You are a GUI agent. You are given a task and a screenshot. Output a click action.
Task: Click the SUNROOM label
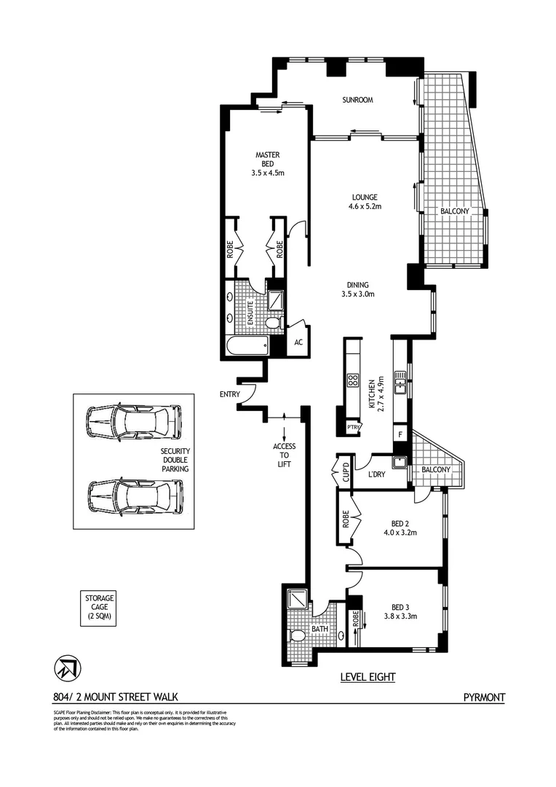coord(357,100)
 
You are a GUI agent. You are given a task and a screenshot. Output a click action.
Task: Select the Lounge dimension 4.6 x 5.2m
coord(365,206)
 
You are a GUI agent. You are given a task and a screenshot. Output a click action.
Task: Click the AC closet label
coord(298,342)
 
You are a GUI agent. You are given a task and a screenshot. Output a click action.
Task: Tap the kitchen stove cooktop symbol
coord(353,380)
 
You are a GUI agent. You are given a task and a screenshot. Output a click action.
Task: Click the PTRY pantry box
coord(354,427)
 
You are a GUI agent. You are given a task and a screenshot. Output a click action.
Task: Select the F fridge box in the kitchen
coord(400,434)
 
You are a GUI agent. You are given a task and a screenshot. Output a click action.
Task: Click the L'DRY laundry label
coord(376,474)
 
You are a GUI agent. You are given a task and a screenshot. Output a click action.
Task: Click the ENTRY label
coord(230,394)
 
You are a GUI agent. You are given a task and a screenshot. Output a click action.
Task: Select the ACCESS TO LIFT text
coord(283,455)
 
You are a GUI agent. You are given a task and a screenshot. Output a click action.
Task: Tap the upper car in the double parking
coord(133,422)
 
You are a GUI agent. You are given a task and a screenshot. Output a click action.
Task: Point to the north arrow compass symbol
coord(66,666)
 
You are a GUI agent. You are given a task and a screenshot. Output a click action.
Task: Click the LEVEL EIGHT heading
coord(368,677)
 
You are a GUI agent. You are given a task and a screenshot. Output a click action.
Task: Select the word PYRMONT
coord(484,697)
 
